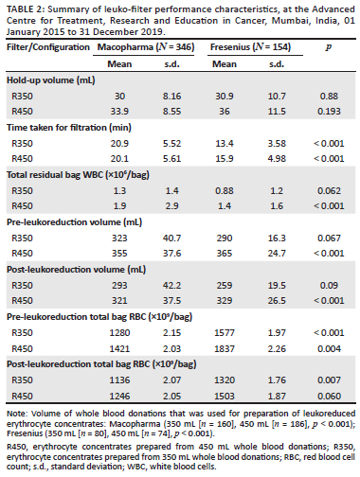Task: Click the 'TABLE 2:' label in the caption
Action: [23, 9]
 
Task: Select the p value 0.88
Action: [332, 97]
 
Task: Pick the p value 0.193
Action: [332, 111]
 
